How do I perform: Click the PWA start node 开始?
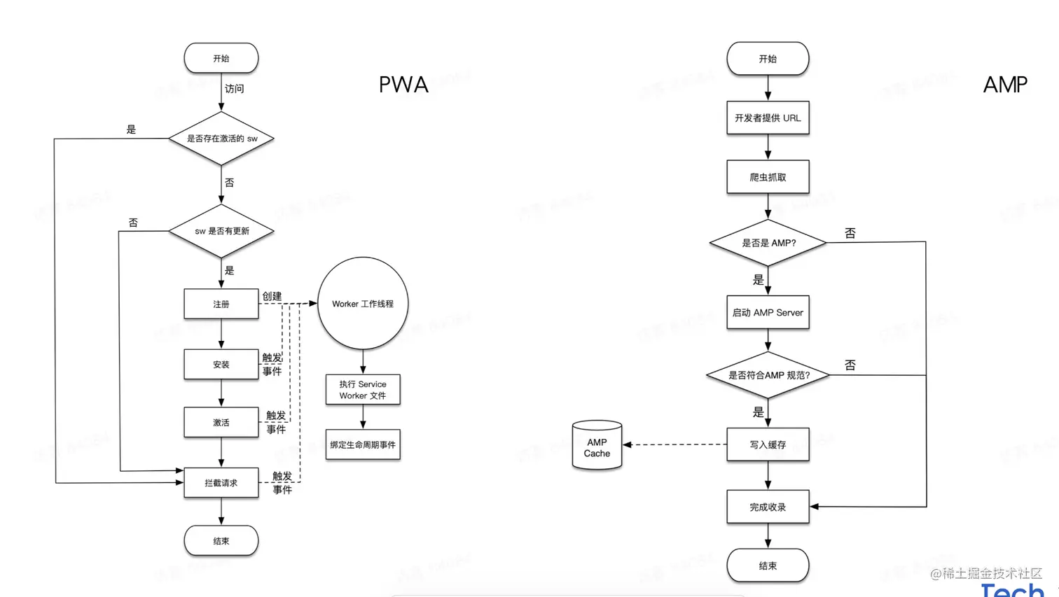coord(221,58)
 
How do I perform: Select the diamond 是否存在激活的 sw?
coord(221,139)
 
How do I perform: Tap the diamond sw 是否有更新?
coord(221,231)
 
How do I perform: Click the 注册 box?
coord(221,304)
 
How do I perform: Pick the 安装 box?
coord(221,365)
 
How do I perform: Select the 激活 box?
coord(221,423)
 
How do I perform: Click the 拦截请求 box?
coord(221,483)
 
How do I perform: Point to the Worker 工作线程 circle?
coord(363,304)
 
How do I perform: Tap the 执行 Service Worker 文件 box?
coord(363,390)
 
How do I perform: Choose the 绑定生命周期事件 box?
coord(363,444)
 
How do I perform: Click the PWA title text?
coord(403,85)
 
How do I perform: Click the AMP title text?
coord(1005,85)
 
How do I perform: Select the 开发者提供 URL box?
coord(768,118)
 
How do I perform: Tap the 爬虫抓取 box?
coord(768,177)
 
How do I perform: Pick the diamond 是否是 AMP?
coord(768,243)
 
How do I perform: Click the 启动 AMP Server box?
coord(768,313)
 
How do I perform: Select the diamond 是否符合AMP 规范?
coord(768,375)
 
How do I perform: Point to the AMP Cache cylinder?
coord(597,446)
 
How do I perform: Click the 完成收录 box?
coord(768,507)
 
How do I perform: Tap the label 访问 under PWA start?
coord(235,89)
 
